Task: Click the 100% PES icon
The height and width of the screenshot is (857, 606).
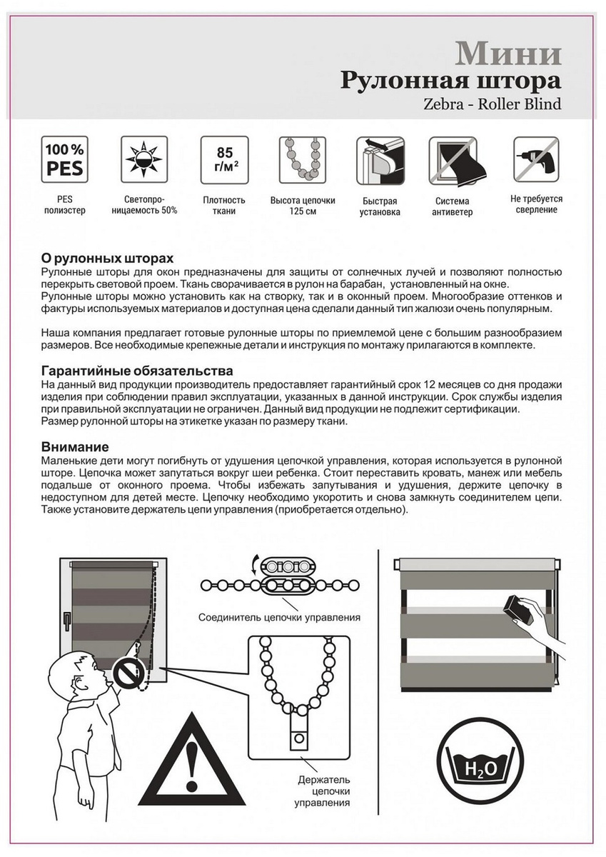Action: coord(64,160)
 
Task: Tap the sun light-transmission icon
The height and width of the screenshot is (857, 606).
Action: coord(144,160)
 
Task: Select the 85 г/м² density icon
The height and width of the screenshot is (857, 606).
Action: coord(224,160)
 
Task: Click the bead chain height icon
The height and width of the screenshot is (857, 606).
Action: coord(302,160)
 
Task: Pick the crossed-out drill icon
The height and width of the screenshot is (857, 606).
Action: coord(536,160)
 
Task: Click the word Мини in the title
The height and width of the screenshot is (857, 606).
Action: coord(508,54)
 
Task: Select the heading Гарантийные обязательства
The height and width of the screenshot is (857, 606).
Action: coord(137,371)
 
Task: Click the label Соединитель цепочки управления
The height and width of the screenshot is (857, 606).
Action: coord(278,617)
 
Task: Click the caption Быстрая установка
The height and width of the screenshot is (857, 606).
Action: coord(380,206)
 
